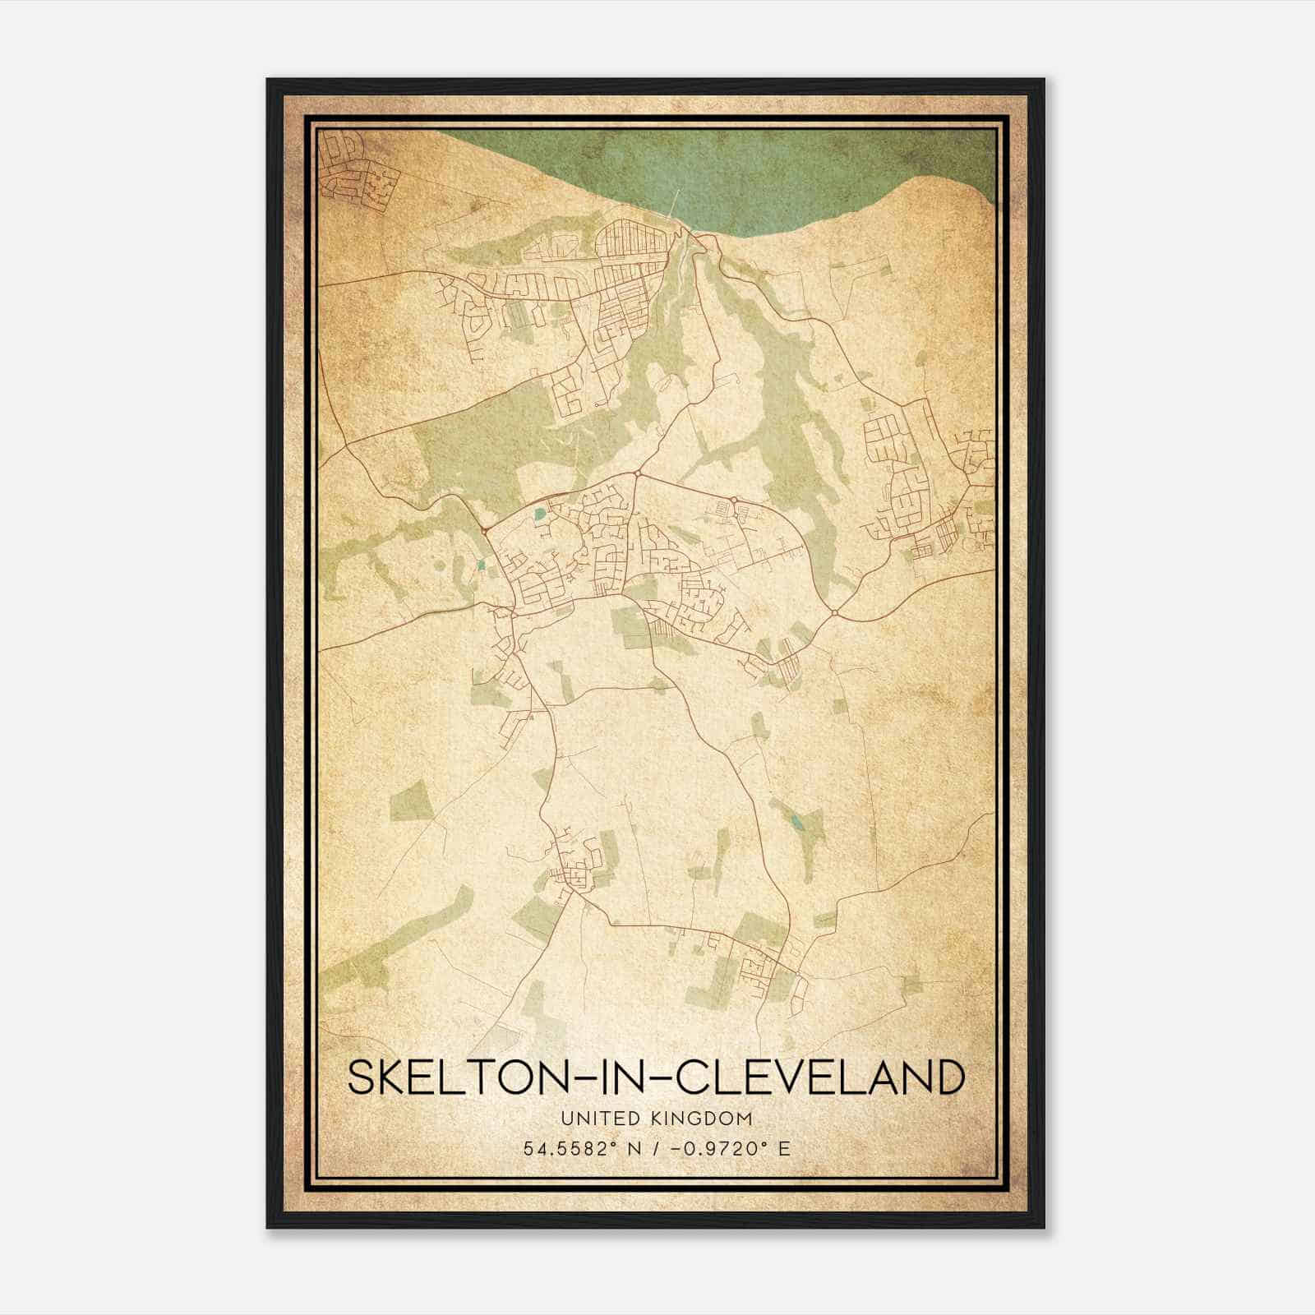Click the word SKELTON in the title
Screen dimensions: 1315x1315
(442, 1077)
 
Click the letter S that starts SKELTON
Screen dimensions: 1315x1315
(362, 1077)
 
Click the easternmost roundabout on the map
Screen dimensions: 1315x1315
(834, 612)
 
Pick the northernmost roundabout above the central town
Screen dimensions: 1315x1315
(636, 474)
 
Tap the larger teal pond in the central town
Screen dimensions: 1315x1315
(538, 515)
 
